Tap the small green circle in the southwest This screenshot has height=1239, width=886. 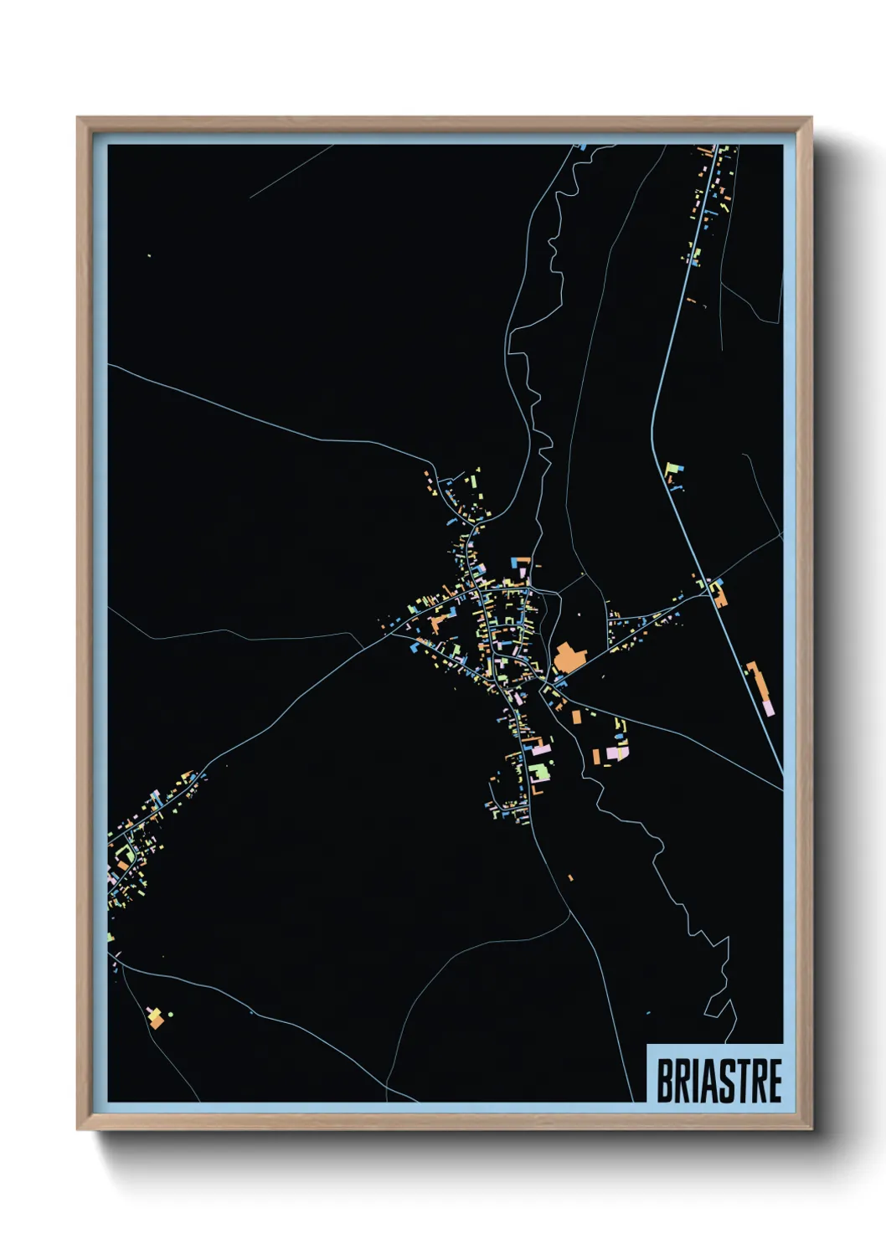pos(171,1015)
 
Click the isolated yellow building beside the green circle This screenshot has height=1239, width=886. pos(154,1018)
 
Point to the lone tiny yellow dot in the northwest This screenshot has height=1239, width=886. pos(149,256)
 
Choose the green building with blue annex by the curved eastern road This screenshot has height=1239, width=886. pos(674,470)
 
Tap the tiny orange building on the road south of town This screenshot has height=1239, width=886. pos(570,877)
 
